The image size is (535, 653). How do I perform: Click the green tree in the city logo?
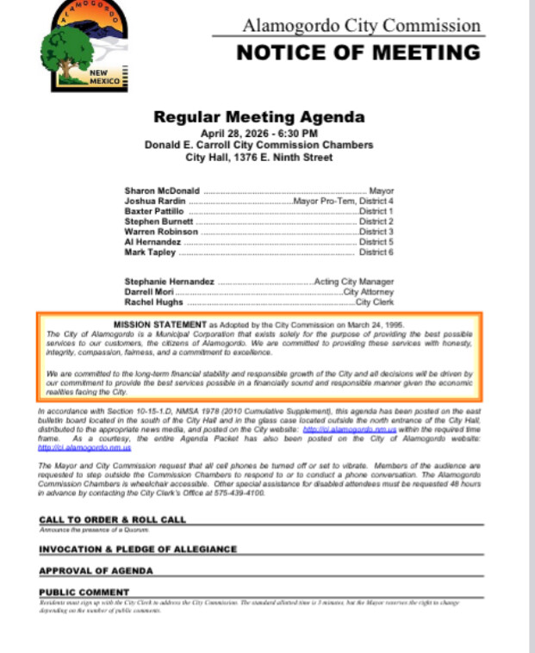[66, 47]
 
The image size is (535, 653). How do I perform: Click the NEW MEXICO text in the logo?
[105, 78]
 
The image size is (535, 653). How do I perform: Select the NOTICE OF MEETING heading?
[358, 53]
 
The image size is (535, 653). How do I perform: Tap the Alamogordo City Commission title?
[361, 25]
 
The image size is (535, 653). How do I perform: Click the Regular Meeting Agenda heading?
[258, 117]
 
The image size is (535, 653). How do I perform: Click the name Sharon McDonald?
[162, 190]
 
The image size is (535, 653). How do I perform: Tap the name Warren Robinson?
[161, 232]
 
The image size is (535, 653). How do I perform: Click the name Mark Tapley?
[150, 252]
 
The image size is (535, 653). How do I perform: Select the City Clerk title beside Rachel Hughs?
[375, 302]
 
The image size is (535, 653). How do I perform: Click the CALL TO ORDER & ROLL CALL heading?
[112, 519]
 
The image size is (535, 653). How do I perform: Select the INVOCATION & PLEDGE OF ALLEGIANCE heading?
[137, 549]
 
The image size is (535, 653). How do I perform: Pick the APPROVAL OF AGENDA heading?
[96, 570]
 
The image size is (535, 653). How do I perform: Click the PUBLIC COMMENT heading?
[84, 592]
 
